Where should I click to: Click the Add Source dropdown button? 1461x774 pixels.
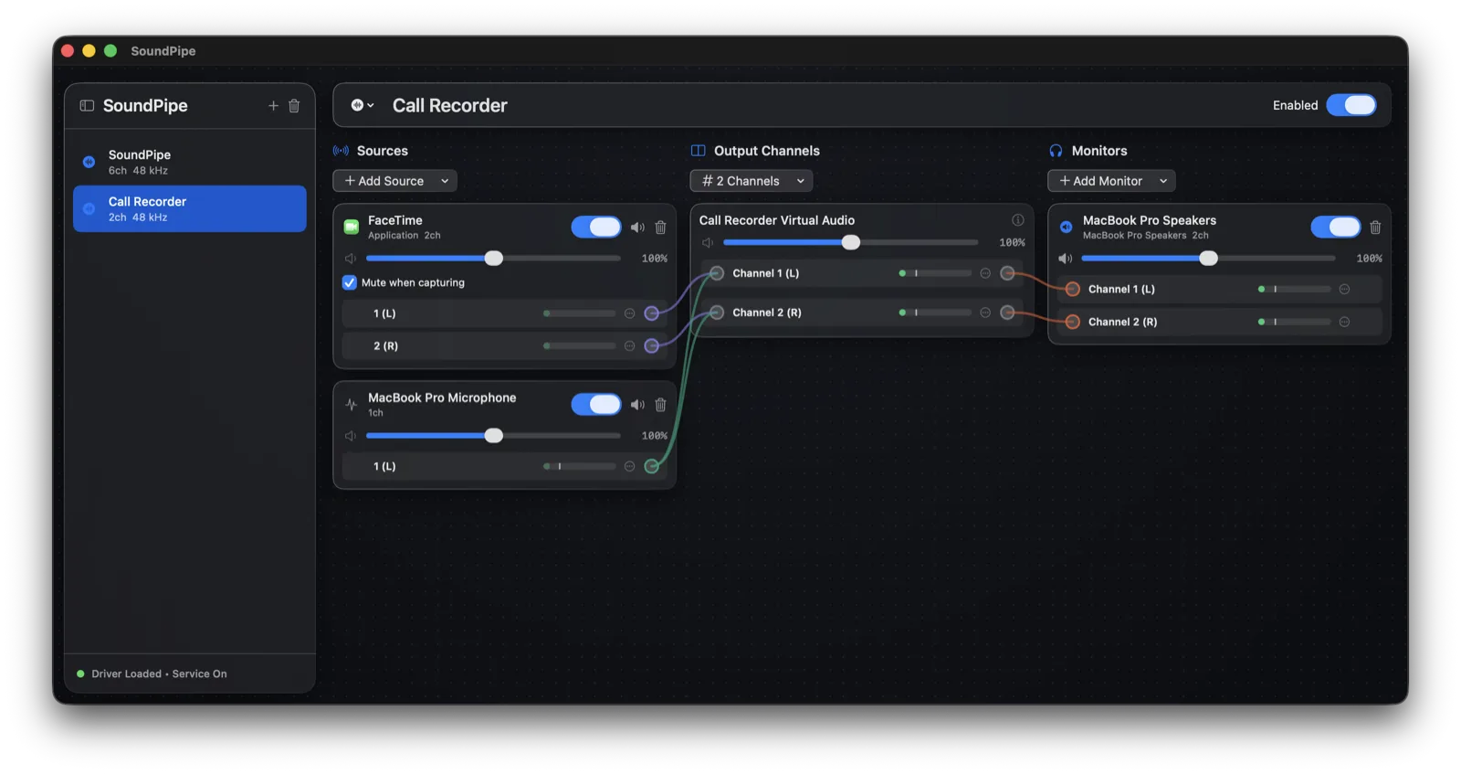[394, 181]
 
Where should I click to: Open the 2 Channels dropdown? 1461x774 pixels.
[752, 181]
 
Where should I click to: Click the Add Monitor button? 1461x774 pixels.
[1111, 181]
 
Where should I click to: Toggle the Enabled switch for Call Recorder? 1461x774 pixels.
[1351, 105]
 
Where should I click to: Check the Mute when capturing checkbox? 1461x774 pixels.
[350, 282]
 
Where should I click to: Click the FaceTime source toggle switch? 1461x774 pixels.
[596, 228]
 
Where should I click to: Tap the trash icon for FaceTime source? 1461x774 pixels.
[661, 228]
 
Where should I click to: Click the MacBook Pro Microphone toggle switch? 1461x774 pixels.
[596, 405]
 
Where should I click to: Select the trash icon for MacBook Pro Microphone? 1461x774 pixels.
[661, 405]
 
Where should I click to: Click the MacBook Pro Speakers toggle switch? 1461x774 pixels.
[1336, 228]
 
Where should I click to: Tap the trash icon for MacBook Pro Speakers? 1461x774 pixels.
[1375, 228]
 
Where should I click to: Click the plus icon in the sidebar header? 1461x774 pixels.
[273, 106]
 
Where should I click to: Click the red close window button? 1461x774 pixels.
[68, 51]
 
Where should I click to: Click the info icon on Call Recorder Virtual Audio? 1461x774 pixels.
[1017, 220]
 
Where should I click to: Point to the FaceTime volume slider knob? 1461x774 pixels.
[494, 259]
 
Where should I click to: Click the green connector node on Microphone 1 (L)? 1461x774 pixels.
[652, 466]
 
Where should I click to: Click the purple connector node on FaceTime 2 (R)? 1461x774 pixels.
[652, 346]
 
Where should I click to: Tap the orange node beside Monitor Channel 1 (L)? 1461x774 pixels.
[1072, 289]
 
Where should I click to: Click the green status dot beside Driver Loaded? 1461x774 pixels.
[81, 673]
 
